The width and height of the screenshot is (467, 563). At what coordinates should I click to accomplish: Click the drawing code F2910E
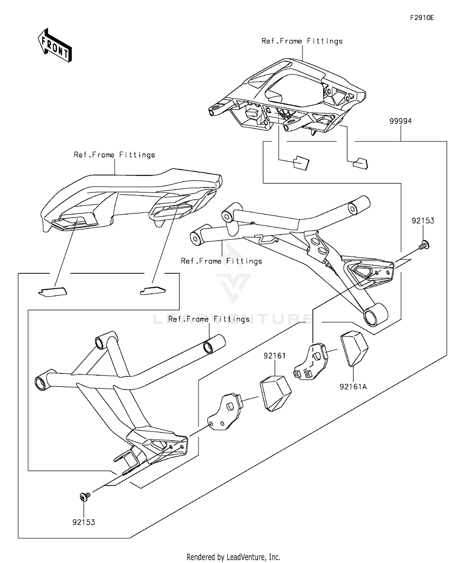pos(422,18)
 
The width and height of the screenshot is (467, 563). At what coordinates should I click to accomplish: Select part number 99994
pos(400,121)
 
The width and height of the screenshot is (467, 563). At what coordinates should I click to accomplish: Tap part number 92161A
pos(353,387)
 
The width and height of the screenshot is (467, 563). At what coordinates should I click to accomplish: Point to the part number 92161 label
pos(275,356)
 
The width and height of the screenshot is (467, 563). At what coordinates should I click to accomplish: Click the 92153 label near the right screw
pos(423,221)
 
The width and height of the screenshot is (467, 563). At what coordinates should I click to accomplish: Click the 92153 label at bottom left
pos(84,522)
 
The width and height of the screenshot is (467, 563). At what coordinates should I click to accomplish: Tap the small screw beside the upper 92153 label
pos(424,245)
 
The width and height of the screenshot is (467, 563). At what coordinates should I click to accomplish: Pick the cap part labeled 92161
pos(275,393)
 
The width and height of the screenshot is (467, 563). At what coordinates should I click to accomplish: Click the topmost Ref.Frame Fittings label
pos(302,41)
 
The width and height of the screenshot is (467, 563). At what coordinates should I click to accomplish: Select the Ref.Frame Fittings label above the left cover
pos(114,155)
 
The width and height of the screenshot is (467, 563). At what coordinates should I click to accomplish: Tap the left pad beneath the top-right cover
pos(301,163)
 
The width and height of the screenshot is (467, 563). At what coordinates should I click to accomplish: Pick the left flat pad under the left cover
pos(53,292)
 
